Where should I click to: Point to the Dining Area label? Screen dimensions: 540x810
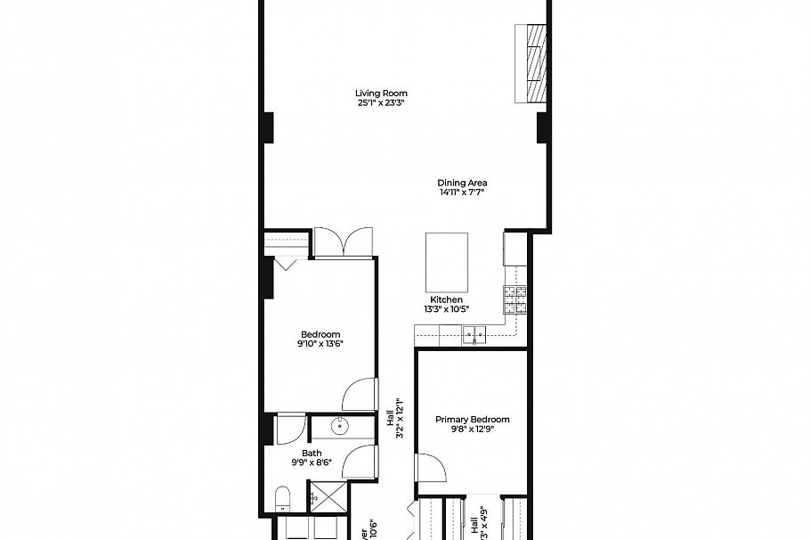click(x=462, y=183)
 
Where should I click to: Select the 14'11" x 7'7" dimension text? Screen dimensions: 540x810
click(x=462, y=192)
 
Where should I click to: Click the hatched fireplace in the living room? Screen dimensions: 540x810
click(x=535, y=64)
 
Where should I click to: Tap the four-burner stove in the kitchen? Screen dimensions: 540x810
click(x=514, y=299)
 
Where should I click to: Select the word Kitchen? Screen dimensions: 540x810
click(x=446, y=299)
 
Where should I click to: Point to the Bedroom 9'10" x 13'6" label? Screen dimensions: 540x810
click(x=320, y=339)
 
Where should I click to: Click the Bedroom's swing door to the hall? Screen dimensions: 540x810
click(x=360, y=393)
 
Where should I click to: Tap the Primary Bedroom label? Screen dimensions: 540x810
click(x=472, y=419)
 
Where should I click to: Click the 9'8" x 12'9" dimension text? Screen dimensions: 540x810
click(x=472, y=430)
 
